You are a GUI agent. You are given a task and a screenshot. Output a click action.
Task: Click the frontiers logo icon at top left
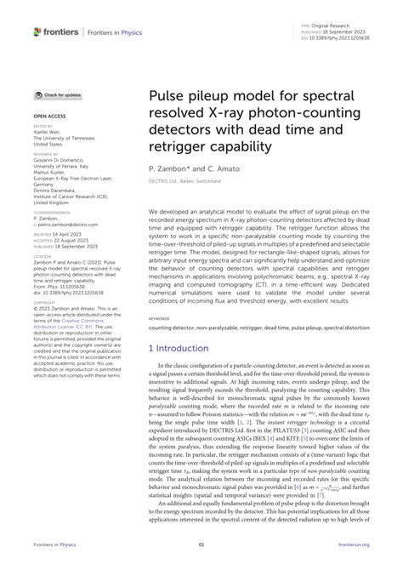37,31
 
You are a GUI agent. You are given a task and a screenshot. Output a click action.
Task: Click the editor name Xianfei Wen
49,132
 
